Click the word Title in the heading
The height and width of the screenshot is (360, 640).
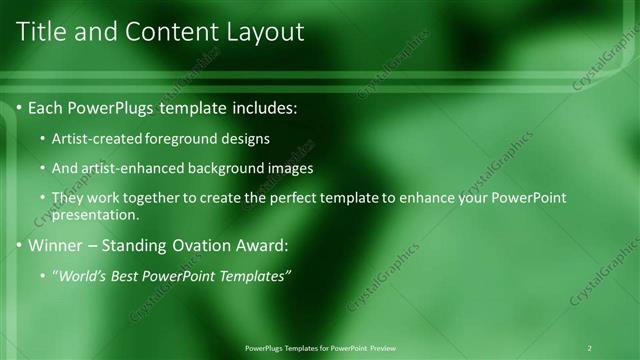pos(43,32)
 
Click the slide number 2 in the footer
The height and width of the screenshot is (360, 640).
pos(589,348)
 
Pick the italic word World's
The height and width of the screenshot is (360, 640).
pos(84,276)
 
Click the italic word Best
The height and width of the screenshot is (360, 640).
pos(129,276)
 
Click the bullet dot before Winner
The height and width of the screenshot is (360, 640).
pos(20,245)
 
